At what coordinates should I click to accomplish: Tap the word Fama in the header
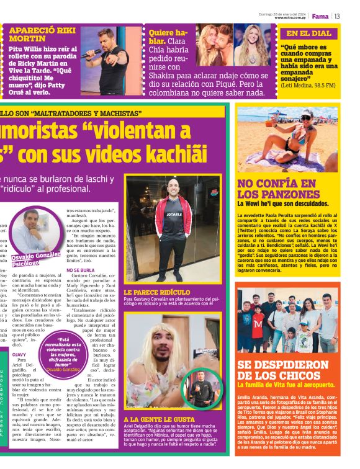pyautogui.click(x=320, y=16)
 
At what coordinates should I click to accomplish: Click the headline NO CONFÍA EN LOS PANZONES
pyautogui.click(x=277, y=189)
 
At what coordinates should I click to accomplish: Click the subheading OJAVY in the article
pyautogui.click(x=20, y=354)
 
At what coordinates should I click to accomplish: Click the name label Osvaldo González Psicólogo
pyautogui.click(x=33, y=261)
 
